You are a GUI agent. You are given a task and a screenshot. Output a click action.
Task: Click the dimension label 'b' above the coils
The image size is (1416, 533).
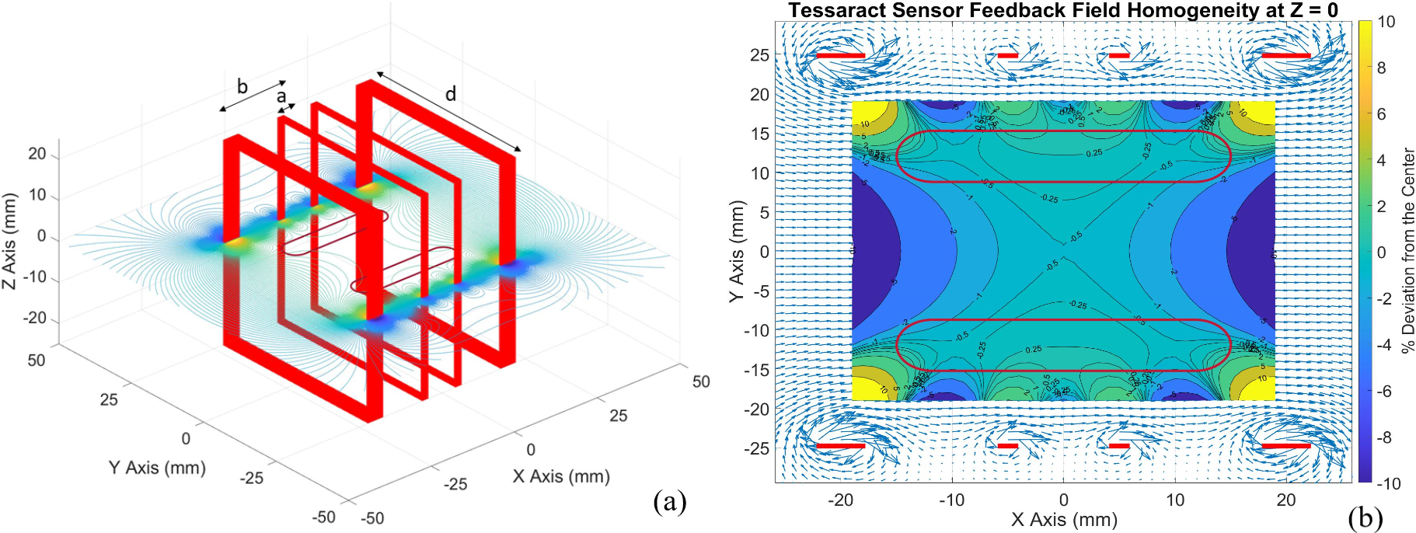pos(242,86)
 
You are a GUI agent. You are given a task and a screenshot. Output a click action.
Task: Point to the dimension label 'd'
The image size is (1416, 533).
pos(451,94)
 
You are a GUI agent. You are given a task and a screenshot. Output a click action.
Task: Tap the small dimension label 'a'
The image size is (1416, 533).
pos(281,96)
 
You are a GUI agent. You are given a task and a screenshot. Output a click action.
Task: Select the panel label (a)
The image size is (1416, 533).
pos(670,501)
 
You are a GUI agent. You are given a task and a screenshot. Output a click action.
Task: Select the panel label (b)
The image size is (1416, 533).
pos(1365,517)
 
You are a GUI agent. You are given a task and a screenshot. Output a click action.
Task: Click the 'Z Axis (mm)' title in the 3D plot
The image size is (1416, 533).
pos(9,242)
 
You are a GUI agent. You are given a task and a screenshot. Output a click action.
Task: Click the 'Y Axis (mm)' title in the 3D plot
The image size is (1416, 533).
pos(157,468)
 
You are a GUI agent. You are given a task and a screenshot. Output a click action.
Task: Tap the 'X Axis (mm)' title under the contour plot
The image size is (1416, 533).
pos(1064,519)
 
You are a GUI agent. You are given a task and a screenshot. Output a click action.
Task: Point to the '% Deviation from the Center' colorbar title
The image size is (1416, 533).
pos(1407,251)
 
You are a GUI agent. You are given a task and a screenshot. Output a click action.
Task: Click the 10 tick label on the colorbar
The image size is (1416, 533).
pos(1386,22)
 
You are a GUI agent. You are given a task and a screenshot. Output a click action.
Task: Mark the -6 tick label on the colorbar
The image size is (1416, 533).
pos(1384,392)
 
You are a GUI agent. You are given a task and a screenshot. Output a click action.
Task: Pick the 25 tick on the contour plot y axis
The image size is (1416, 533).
pos(759,55)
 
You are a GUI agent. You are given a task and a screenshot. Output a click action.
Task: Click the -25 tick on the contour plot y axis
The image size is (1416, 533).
pos(757,448)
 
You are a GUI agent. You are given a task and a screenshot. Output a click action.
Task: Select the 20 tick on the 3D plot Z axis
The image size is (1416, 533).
pos(37,154)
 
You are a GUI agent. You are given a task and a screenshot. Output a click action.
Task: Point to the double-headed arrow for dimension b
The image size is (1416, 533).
pos(252,96)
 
